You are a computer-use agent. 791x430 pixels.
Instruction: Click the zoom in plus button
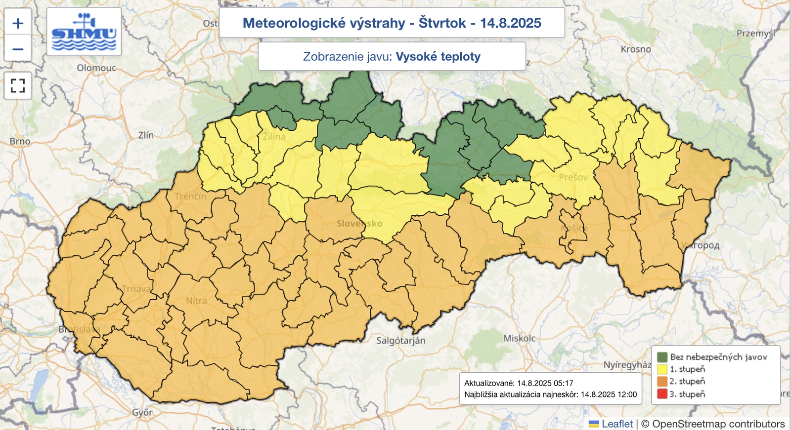pyautogui.click(x=18, y=23)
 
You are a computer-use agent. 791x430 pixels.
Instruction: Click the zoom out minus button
pyautogui.click(x=18, y=49)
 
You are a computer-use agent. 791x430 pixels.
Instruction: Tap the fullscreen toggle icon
pyautogui.click(x=18, y=86)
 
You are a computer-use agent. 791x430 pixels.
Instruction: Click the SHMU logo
pyautogui.click(x=84, y=32)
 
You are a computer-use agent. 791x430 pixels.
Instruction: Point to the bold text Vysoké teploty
pyautogui.click(x=438, y=56)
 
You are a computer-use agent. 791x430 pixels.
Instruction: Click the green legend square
pyautogui.click(x=662, y=357)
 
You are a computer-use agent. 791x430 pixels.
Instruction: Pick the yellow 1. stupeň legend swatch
pyautogui.click(x=662, y=369)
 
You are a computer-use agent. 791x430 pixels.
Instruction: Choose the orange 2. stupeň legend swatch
pyautogui.click(x=662, y=382)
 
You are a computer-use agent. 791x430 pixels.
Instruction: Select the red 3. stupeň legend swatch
pyautogui.click(x=662, y=394)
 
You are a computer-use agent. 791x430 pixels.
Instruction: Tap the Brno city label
pyautogui.click(x=20, y=141)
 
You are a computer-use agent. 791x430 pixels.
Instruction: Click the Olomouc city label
pyautogui.click(x=96, y=68)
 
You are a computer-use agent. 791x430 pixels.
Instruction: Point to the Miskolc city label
pyautogui.click(x=519, y=338)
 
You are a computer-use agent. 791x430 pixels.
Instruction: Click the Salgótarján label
pyautogui.click(x=400, y=341)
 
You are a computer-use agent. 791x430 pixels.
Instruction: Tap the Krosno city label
pyautogui.click(x=636, y=49)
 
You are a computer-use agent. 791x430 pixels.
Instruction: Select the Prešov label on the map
pyautogui.click(x=573, y=177)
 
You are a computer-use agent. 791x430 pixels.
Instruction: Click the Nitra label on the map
pyautogui.click(x=196, y=301)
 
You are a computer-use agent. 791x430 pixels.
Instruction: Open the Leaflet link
pyautogui.click(x=616, y=424)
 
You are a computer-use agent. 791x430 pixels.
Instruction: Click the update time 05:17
pyautogui.click(x=564, y=383)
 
